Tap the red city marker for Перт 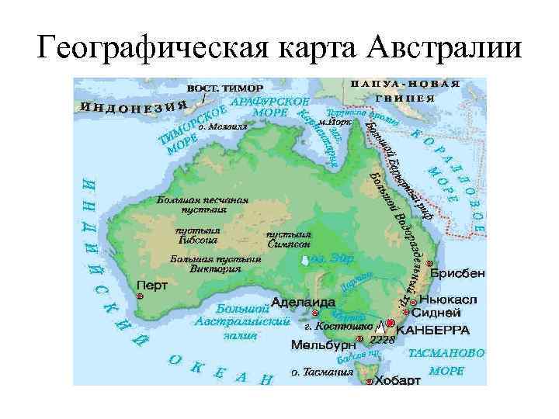click(x=140, y=297)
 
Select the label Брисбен click(x=457, y=273)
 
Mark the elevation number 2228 click(x=383, y=340)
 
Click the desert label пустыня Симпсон click(x=289, y=238)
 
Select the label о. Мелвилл click(x=223, y=124)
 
